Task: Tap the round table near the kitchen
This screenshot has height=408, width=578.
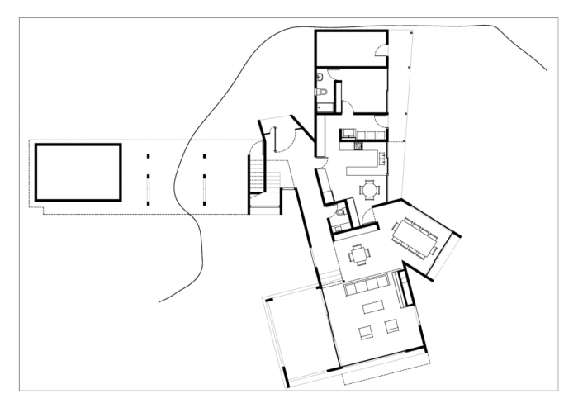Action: [369, 191]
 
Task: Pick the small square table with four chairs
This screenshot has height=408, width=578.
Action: [358, 255]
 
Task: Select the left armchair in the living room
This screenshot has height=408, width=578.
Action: [364, 333]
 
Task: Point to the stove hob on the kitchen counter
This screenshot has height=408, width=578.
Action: [359, 146]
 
